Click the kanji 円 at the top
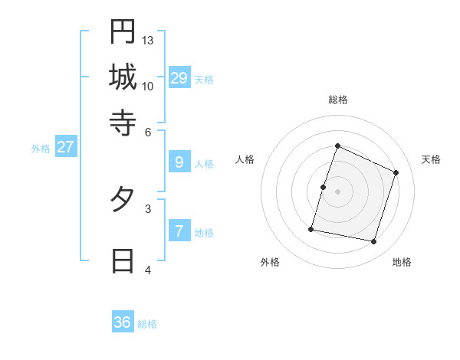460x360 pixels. (123, 31)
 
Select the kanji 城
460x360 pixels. (123, 77)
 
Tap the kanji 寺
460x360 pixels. (123, 122)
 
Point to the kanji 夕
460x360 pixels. (123, 201)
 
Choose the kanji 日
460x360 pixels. (123, 261)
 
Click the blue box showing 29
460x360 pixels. (179, 77)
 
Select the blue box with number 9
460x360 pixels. (179, 162)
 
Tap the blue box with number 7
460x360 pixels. (179, 231)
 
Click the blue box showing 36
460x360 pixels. (123, 322)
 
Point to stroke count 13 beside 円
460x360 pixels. (148, 40)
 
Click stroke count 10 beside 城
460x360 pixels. (148, 86)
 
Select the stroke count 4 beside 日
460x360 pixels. (148, 270)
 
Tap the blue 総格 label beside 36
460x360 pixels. (147, 324)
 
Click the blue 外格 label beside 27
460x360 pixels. (41, 149)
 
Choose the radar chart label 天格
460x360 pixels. (431, 159)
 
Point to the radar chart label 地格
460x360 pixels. (402, 262)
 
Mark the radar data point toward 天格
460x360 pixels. (396, 172)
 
